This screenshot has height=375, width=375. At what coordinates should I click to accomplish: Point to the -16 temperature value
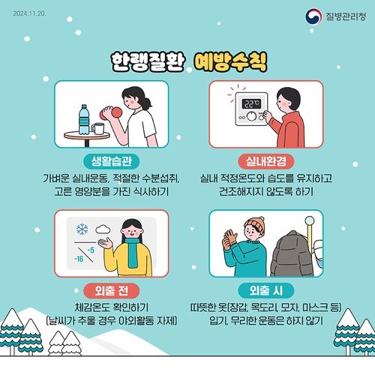click(x=78, y=259)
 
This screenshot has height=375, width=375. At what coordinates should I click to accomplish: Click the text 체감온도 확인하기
click(x=110, y=307)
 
